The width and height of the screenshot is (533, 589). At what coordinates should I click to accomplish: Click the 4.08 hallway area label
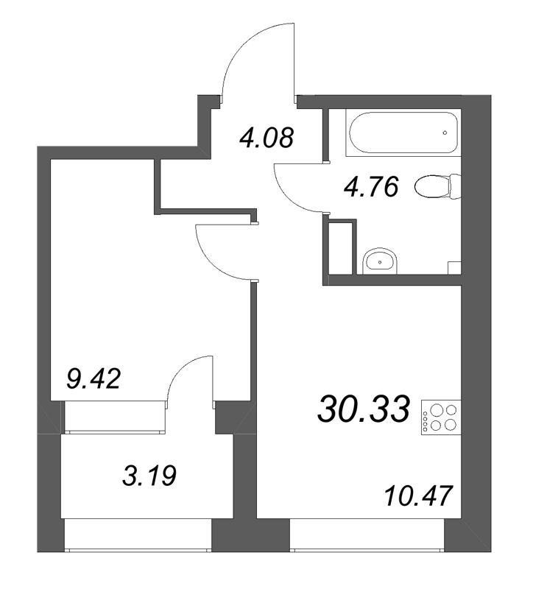(x=267, y=138)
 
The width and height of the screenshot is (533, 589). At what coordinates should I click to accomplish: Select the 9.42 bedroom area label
(x=93, y=379)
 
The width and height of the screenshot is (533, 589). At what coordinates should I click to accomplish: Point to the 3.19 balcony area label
(x=149, y=476)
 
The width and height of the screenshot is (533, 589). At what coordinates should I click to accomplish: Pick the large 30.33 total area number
(x=364, y=409)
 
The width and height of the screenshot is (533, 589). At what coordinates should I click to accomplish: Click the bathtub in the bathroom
(x=403, y=132)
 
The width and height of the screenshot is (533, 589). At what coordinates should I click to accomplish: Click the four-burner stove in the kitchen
(x=440, y=417)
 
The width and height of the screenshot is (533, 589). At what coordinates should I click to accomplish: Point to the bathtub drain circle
(x=445, y=133)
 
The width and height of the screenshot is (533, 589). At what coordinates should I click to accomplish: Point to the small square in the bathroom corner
(x=454, y=268)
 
